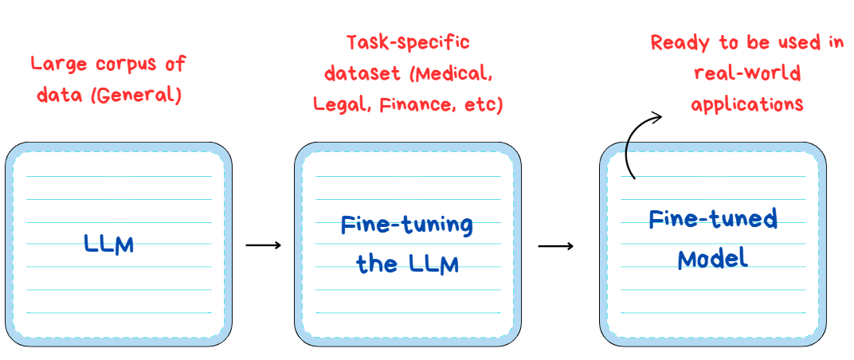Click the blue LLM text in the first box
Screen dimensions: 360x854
tap(109, 244)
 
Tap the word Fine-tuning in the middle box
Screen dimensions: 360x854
tap(407, 225)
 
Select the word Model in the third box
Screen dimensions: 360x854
tap(712, 258)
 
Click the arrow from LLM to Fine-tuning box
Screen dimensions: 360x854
tap(263, 245)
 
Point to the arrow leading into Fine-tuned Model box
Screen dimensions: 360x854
tap(555, 245)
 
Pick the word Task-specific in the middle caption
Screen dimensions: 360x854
tap(408, 42)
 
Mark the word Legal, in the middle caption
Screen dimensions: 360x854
tap(338, 104)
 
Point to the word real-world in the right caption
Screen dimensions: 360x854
tap(747, 74)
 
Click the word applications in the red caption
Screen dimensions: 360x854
tap(746, 104)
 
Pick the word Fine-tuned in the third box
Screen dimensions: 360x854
tap(713, 218)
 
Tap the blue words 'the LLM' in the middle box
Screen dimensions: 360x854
tap(408, 264)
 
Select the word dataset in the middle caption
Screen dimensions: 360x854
tap(360, 73)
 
